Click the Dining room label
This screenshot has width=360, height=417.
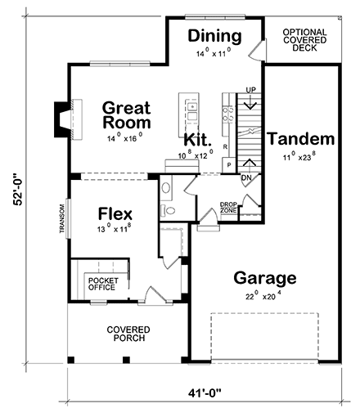pos(214,36)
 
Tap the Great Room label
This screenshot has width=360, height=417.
pos(127,115)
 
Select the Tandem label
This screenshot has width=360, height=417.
pos(301,138)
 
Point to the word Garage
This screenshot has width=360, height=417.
pos(265,279)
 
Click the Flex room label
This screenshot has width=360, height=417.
pos(115,213)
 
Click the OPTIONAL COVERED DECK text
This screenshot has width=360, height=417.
pos(304,40)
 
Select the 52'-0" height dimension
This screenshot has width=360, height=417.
pos(18,189)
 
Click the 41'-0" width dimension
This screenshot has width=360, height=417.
pos(205,393)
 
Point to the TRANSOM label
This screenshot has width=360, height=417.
pos(62,219)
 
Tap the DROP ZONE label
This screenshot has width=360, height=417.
pos(228,208)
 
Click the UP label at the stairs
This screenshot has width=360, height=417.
pos(251,90)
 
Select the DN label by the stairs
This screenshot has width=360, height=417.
pos(246,178)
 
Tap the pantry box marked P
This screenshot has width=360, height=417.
pos(229,165)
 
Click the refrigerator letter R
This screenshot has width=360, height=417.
pos(225,147)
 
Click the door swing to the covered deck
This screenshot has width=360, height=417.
pos(256,50)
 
